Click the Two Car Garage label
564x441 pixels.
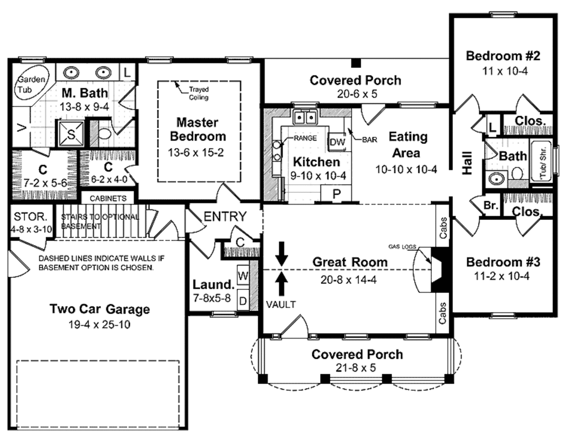click(100, 309)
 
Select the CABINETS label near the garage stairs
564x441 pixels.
click(109, 198)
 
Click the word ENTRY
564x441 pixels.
click(225, 217)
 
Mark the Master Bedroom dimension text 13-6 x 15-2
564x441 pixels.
click(197, 153)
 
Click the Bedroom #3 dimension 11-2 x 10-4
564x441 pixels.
click(502, 276)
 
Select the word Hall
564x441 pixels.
click(468, 164)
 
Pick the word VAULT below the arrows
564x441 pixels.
click(281, 304)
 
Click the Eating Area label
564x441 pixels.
click(408, 144)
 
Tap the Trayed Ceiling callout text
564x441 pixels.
click(198, 93)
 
